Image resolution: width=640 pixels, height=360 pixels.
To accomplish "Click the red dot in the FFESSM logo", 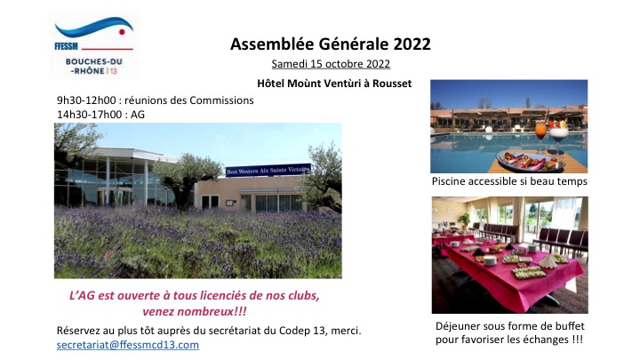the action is pyautogui.click(x=122, y=32).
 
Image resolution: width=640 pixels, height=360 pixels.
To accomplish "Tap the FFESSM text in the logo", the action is pyautogui.click(x=66, y=46).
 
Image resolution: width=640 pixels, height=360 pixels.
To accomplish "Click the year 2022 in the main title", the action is pyautogui.click(x=412, y=44).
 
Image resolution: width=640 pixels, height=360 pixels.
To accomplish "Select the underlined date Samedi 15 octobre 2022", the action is pyautogui.click(x=331, y=64).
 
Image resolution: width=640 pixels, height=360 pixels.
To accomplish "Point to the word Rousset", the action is pyautogui.click(x=392, y=84).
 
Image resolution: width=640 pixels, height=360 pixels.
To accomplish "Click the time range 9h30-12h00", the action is pyautogui.click(x=86, y=100).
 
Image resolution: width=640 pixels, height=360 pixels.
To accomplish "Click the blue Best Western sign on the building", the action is pyautogui.click(x=268, y=170).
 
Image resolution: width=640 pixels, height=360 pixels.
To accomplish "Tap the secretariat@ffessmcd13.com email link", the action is pyautogui.click(x=128, y=345).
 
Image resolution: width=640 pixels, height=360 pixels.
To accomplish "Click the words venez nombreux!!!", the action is pyautogui.click(x=195, y=312).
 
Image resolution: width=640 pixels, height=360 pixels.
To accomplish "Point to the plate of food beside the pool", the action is pyautogui.click(x=530, y=161).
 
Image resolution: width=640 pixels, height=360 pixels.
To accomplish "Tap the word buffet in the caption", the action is pyautogui.click(x=570, y=326).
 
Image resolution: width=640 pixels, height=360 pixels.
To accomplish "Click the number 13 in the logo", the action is pyautogui.click(x=113, y=71).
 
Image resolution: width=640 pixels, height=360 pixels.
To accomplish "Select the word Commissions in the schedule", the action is pyautogui.click(x=221, y=100).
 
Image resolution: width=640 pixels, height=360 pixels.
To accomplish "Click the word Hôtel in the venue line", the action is pyautogui.click(x=270, y=84).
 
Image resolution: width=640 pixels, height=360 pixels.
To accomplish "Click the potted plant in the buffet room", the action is pyautogui.click(x=464, y=220).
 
